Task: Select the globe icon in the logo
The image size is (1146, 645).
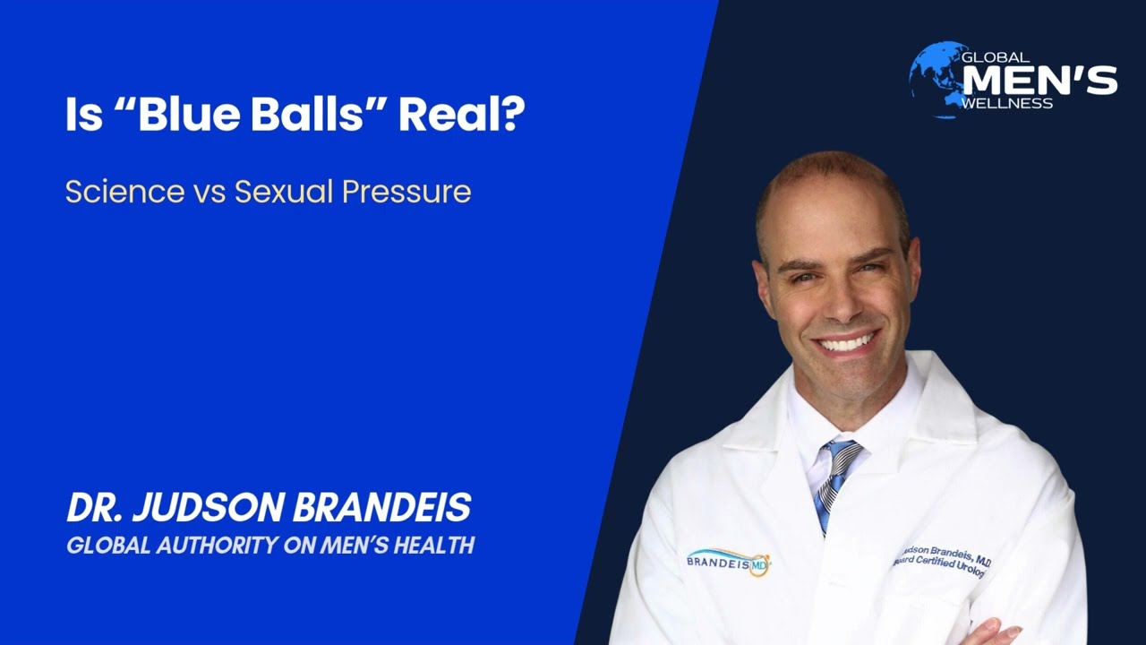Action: (x=933, y=78)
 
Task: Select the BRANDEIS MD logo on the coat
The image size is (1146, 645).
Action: (x=728, y=561)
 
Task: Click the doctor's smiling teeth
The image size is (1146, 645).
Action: (x=845, y=343)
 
